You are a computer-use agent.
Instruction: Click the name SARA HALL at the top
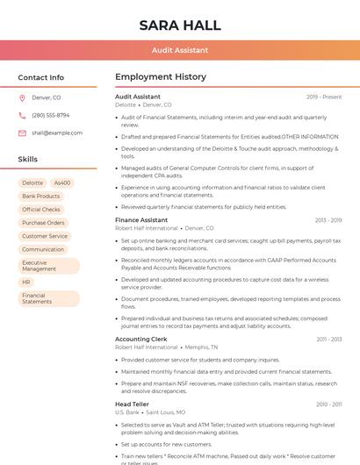[x=180, y=25]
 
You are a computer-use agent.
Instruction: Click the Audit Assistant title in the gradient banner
[x=180, y=51]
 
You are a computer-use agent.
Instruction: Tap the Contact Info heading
[x=41, y=77]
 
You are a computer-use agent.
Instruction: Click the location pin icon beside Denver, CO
[x=22, y=98]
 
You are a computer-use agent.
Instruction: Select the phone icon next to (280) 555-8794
[x=22, y=116]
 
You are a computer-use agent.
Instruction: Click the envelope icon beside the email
[x=22, y=133]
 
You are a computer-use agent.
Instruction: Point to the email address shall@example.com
[x=57, y=133]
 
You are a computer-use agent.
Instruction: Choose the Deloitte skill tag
[x=32, y=183]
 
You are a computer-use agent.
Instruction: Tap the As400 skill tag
[x=62, y=183]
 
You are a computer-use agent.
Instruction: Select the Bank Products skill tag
[x=41, y=197]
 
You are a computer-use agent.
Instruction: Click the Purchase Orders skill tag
[x=43, y=223]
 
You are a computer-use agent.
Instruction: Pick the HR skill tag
[x=26, y=283]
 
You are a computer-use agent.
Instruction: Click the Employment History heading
[x=160, y=77]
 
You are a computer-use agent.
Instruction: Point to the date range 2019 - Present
[x=324, y=97]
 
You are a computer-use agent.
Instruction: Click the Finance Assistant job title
[x=141, y=220]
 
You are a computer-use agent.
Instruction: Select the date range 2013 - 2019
[x=328, y=220]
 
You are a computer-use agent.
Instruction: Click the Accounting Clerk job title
[x=140, y=339]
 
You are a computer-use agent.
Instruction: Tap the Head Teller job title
[x=133, y=404]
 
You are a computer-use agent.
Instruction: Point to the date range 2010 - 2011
[x=328, y=404]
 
